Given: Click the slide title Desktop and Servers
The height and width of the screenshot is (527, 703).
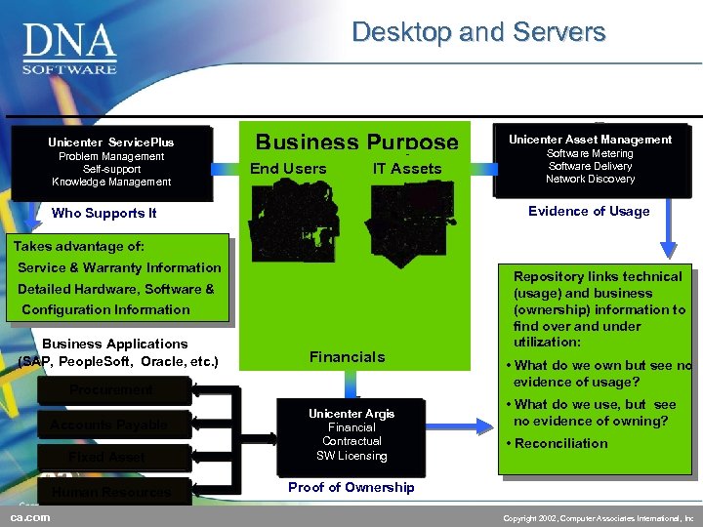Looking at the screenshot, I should (x=478, y=32).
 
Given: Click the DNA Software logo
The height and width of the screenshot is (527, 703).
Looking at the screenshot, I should (x=70, y=49).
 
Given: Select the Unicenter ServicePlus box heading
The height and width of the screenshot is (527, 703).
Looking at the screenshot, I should (x=110, y=142).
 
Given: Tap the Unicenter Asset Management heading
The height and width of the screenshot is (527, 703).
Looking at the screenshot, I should (x=590, y=140).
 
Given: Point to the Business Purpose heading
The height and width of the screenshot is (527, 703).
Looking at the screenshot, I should (x=356, y=142).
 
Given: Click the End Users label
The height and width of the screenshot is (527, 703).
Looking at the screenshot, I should (x=288, y=169).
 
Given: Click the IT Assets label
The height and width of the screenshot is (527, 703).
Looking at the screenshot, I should (x=407, y=169).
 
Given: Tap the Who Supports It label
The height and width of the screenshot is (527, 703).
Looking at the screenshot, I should (x=103, y=213).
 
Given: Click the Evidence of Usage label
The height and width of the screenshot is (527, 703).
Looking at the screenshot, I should (x=589, y=211).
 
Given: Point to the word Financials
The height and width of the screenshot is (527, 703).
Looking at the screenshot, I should (x=347, y=357).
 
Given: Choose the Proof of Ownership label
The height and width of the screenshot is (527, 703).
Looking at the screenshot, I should (x=351, y=487).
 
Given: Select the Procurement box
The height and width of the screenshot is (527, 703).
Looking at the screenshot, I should (x=110, y=390).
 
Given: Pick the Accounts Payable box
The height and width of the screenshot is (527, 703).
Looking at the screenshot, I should (x=110, y=425).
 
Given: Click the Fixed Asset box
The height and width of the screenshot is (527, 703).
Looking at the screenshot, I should (x=107, y=458).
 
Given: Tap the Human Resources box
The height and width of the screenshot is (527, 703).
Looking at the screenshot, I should (x=111, y=492).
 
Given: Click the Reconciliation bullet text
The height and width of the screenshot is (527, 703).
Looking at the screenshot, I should (x=561, y=443).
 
